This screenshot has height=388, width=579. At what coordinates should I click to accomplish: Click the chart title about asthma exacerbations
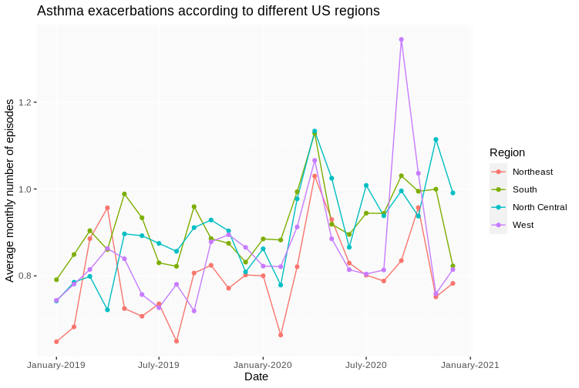(208, 12)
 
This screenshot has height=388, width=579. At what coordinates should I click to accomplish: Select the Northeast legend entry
(533, 172)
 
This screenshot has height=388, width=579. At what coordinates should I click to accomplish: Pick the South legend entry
(525, 189)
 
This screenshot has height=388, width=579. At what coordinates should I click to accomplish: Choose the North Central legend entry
(539, 207)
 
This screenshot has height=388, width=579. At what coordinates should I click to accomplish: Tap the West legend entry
(523, 225)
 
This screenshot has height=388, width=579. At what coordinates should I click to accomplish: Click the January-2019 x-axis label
(56, 364)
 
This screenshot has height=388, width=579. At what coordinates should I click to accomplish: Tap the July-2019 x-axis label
(158, 364)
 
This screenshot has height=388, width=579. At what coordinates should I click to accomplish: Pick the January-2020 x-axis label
(263, 364)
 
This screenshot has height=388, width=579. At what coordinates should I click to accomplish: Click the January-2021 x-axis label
(470, 364)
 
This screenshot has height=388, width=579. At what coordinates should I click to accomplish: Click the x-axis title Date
(256, 377)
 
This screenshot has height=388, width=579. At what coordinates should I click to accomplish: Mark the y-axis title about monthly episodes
(10, 190)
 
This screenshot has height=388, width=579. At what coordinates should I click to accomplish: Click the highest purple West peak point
(402, 39)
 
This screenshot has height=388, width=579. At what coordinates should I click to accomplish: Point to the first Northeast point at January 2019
(56, 341)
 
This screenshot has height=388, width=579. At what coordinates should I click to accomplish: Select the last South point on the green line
(453, 266)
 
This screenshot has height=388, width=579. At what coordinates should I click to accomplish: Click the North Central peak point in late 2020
(436, 139)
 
